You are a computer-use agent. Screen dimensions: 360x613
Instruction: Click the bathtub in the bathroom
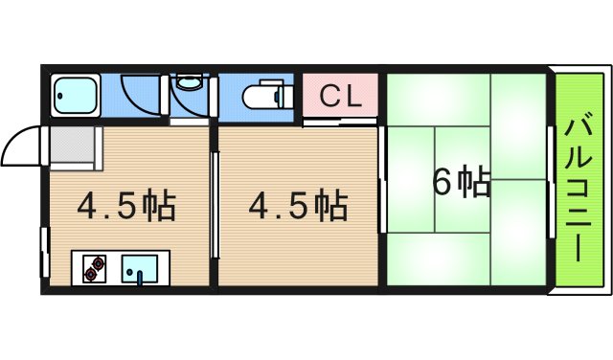(73, 96)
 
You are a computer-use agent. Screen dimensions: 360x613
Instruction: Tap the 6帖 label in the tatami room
(461, 181)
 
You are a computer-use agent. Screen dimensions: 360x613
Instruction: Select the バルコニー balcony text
(579, 191)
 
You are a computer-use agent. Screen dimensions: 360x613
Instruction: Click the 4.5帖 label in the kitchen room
(125, 204)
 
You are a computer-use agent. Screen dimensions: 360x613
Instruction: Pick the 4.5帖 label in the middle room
(298, 204)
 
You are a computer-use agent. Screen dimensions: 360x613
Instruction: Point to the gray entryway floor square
(73, 147)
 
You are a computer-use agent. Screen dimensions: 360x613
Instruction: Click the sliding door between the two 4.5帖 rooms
(214, 207)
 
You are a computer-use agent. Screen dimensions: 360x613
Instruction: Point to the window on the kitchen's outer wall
(44, 251)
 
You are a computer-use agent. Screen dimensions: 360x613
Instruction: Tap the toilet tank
(283, 98)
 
